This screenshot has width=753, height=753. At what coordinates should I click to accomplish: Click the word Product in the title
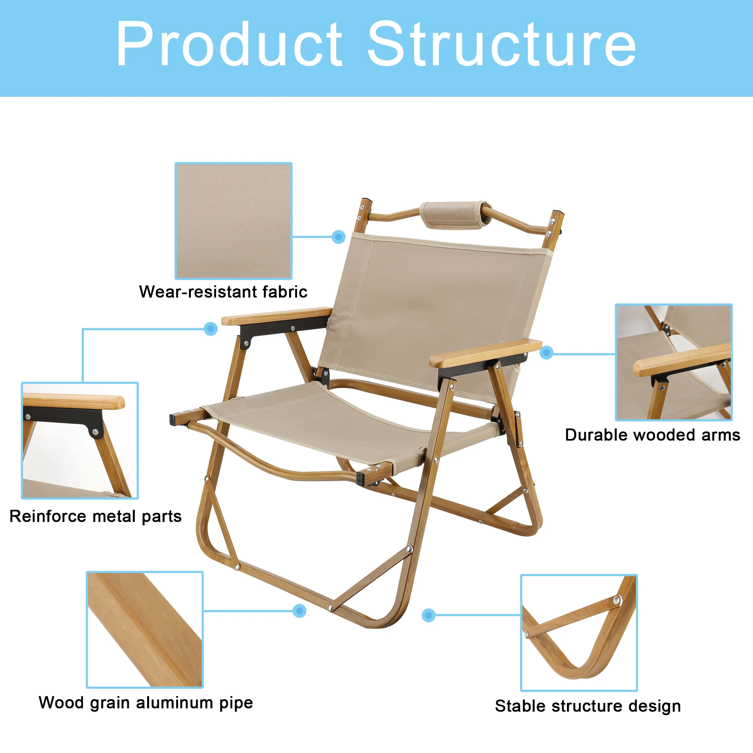(x=230, y=44)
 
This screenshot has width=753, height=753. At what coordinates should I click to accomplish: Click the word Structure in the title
(x=501, y=44)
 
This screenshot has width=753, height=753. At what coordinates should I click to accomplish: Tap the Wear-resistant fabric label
(x=223, y=291)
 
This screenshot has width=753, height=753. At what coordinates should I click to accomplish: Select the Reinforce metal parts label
(x=96, y=517)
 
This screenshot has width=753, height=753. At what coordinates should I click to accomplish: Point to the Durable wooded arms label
(x=652, y=435)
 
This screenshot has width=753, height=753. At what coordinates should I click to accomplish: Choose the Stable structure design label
(x=588, y=706)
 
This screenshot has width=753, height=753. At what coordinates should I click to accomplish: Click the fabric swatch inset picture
(x=233, y=221)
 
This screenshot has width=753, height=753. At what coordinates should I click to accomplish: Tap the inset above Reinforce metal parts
(x=80, y=441)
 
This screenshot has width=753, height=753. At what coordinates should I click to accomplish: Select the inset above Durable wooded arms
(x=674, y=362)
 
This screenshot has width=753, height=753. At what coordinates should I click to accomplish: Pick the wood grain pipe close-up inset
(x=145, y=630)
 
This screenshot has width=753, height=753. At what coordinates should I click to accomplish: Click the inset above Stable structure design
(x=579, y=633)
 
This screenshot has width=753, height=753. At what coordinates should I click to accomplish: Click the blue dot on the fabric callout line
(x=338, y=236)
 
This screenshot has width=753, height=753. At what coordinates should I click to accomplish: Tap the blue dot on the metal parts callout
(x=210, y=329)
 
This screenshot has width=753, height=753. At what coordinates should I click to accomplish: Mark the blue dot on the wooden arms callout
(x=546, y=353)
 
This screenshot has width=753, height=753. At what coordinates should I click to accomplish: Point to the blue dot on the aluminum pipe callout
(x=299, y=611)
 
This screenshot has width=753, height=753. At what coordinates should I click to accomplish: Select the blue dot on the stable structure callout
(x=429, y=616)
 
